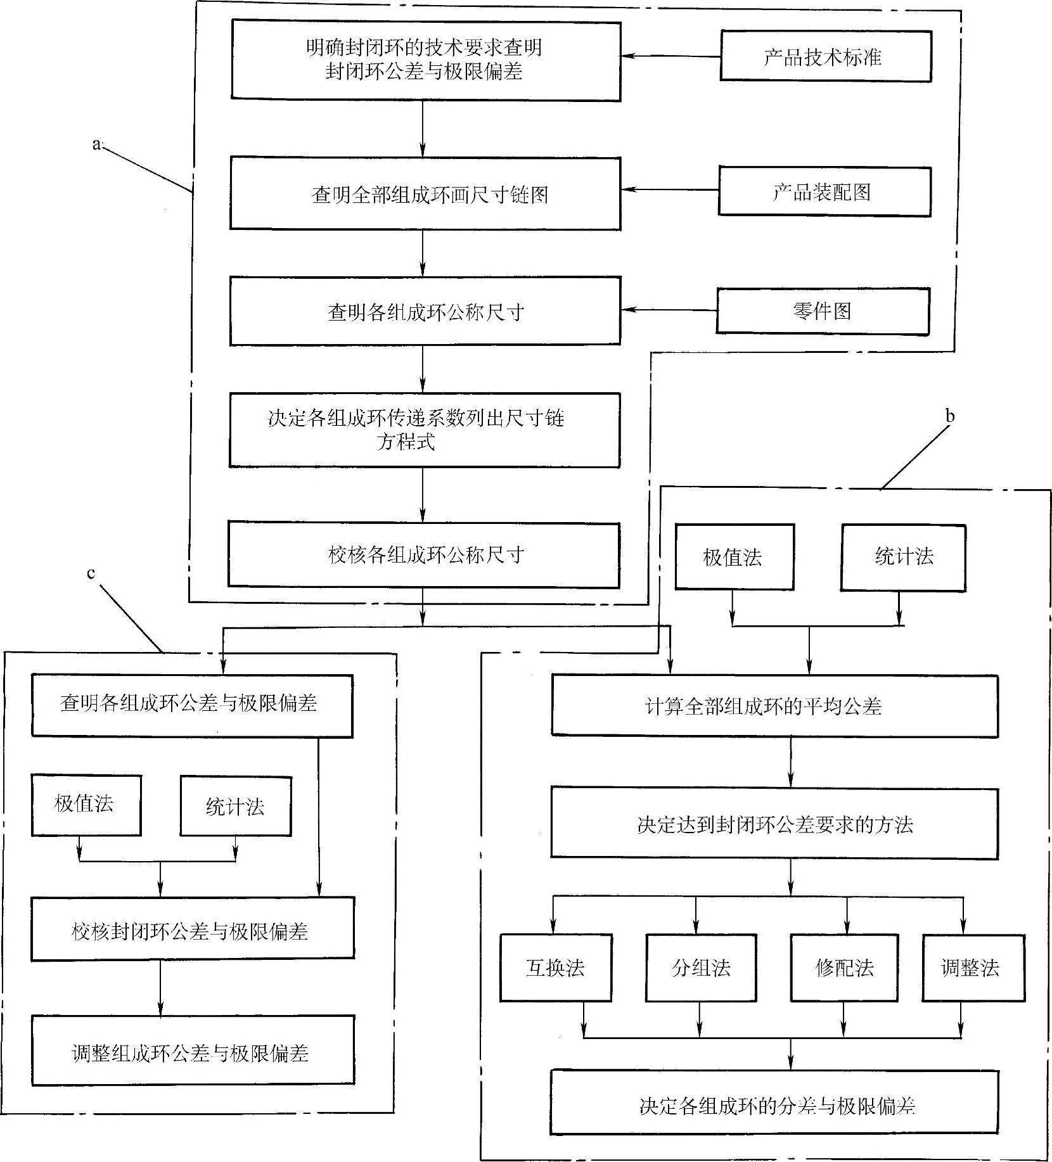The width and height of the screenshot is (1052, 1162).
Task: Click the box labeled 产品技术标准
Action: (x=825, y=56)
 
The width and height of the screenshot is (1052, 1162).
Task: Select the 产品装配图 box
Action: (x=824, y=192)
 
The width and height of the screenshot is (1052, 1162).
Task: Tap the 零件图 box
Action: (x=822, y=310)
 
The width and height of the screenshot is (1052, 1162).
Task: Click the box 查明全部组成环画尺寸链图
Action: (x=425, y=194)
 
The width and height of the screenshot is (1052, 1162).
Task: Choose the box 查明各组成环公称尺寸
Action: (x=425, y=311)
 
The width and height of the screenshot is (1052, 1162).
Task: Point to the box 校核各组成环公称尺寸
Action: (x=424, y=555)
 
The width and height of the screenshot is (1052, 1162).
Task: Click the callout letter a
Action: (x=96, y=144)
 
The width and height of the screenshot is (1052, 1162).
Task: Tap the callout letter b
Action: (x=949, y=416)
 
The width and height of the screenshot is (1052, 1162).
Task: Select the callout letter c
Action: (x=91, y=573)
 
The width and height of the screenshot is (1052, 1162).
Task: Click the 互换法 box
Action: (x=555, y=967)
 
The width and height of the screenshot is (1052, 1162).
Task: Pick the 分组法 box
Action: (x=701, y=967)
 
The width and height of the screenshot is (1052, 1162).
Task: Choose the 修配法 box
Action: (x=844, y=967)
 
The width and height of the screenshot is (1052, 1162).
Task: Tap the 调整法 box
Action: (x=973, y=967)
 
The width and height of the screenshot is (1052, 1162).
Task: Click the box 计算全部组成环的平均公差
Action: (x=774, y=706)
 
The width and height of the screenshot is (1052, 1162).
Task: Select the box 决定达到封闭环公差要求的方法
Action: (x=774, y=824)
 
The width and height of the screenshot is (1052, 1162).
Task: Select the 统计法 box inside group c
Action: (x=235, y=807)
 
